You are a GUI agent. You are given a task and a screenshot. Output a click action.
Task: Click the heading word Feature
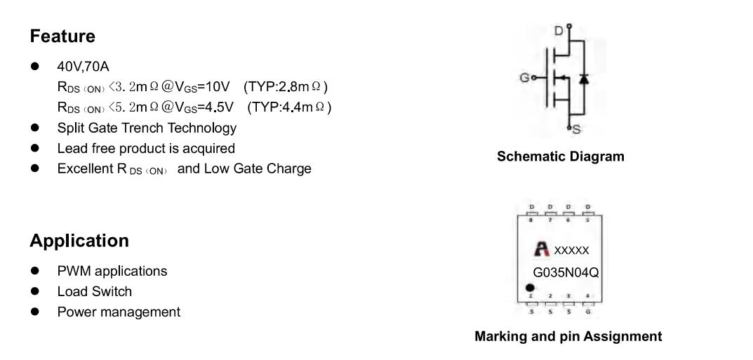(62, 36)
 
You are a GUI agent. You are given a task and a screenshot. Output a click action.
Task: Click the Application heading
(79, 241)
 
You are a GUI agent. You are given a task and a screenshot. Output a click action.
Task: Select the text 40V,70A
(83, 67)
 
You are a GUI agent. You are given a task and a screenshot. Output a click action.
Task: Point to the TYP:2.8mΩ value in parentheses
(286, 87)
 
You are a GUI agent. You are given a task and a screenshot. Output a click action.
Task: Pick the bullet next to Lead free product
(34, 148)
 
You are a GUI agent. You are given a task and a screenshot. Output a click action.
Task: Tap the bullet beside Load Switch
(34, 291)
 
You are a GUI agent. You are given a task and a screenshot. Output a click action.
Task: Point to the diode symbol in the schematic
(584, 78)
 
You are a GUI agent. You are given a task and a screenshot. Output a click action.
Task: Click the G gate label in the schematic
(524, 78)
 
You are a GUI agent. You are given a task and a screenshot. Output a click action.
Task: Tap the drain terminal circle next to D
(569, 27)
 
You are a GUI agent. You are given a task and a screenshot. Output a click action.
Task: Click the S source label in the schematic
(576, 130)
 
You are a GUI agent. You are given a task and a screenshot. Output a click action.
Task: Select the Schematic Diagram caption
(561, 156)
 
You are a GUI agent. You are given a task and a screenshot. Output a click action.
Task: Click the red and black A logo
(542, 249)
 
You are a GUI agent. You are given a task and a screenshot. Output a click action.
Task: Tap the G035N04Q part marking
(566, 273)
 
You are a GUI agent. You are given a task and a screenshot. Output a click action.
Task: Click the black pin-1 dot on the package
(530, 288)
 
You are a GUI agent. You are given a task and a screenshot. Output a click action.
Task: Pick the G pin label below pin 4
(589, 312)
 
